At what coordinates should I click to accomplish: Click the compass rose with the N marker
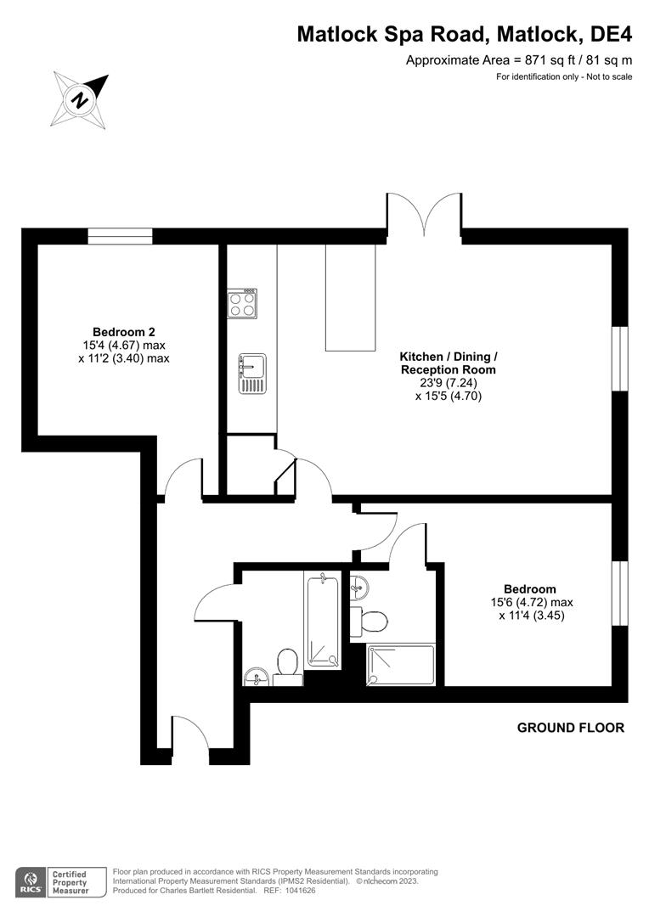click(x=81, y=98)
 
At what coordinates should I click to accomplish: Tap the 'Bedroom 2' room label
click(x=124, y=332)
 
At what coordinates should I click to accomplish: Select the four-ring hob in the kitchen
click(x=242, y=304)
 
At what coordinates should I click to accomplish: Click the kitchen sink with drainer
click(x=251, y=373)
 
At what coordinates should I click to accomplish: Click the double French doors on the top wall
click(x=425, y=217)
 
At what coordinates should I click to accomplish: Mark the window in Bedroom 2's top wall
click(x=120, y=236)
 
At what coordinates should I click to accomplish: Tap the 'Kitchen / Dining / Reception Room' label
click(x=449, y=363)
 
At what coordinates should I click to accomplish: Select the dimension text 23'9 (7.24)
click(x=449, y=382)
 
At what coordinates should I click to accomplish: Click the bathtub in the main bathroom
click(x=323, y=620)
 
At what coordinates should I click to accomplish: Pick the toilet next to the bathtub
click(x=286, y=666)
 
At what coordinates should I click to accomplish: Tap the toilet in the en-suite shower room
click(x=373, y=622)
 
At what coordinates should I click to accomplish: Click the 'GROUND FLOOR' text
click(x=571, y=728)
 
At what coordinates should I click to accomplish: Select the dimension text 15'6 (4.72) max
click(x=530, y=603)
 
